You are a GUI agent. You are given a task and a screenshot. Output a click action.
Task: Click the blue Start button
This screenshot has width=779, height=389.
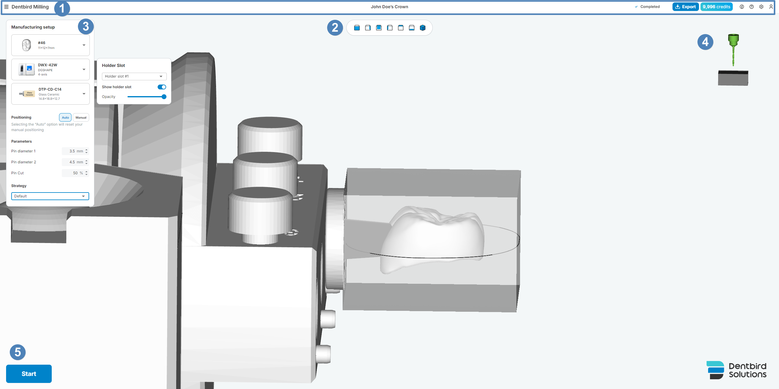click(29, 373)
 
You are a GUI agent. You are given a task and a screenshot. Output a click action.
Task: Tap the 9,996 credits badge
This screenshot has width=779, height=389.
click(716, 7)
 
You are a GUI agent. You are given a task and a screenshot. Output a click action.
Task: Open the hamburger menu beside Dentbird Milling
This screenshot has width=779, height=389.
click(6, 7)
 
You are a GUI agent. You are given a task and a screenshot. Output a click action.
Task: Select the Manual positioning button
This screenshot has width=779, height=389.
click(81, 117)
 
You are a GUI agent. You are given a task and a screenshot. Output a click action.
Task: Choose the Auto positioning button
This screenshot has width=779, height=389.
click(65, 117)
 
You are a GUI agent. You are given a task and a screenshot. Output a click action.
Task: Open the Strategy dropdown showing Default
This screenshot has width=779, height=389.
click(50, 196)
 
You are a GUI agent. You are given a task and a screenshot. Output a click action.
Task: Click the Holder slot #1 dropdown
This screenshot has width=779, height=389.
click(134, 76)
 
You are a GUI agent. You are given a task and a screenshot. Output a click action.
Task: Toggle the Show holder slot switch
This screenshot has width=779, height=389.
click(162, 87)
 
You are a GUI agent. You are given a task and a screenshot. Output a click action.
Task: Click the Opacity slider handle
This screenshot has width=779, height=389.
click(164, 97)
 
